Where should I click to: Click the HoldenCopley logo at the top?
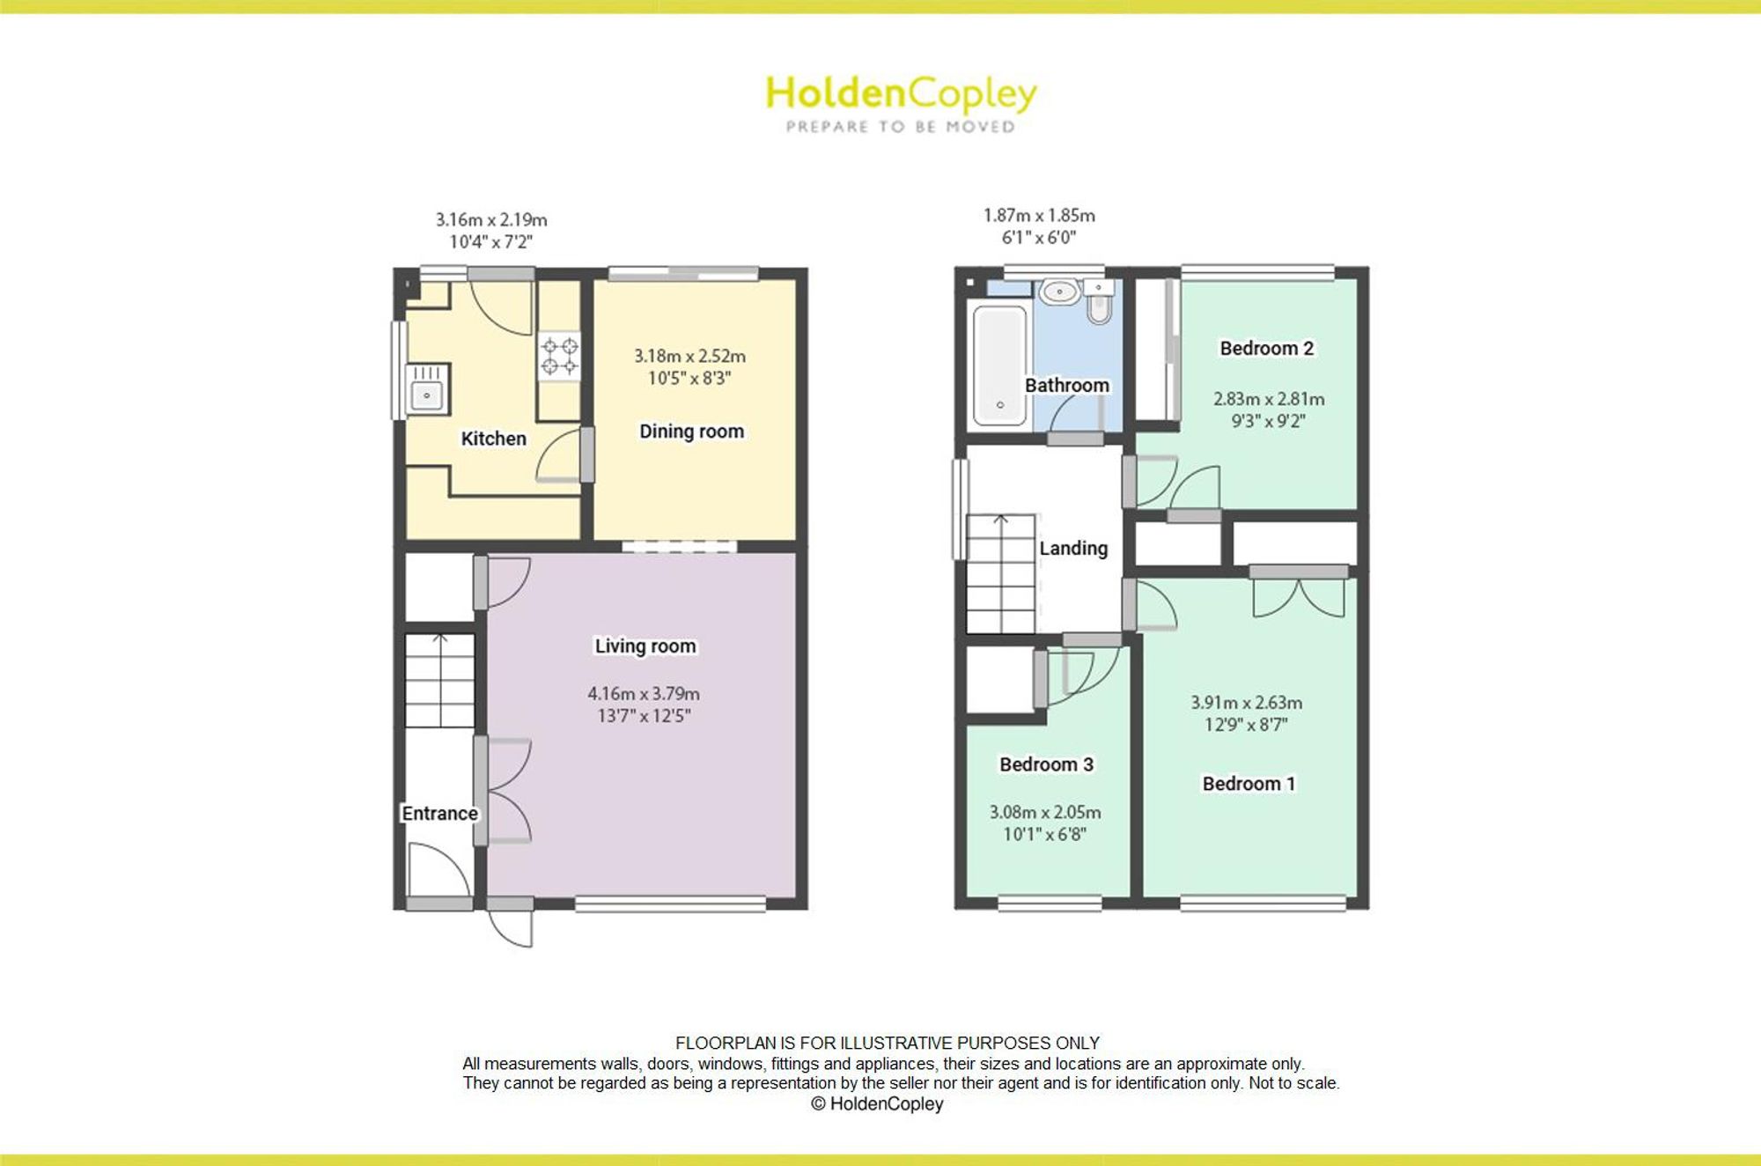[901, 104]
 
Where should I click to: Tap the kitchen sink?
[427, 388]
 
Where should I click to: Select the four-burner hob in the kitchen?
[559, 356]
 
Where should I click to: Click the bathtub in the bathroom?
[999, 365]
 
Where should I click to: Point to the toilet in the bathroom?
[1099, 302]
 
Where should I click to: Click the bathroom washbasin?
[1060, 291]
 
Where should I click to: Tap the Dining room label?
[691, 432]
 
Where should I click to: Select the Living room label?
[645, 646]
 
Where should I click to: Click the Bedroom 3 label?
[1046, 764]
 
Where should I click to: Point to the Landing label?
[1073, 549]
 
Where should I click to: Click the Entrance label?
[439, 814]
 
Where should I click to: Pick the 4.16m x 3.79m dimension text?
[644, 694]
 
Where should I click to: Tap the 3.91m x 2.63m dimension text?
[1246, 703]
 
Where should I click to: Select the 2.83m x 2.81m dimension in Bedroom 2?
[1269, 399]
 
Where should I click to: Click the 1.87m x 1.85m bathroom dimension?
[1039, 216]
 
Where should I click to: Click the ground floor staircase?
[439, 680]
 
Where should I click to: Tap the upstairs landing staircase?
[1001, 573]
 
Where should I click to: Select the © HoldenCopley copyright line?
[877, 1104]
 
